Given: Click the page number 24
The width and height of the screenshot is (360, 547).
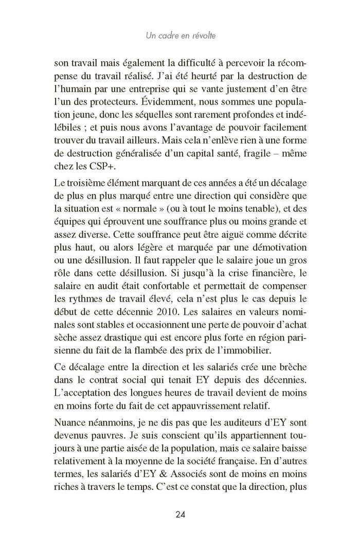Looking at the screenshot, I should coord(181,514).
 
